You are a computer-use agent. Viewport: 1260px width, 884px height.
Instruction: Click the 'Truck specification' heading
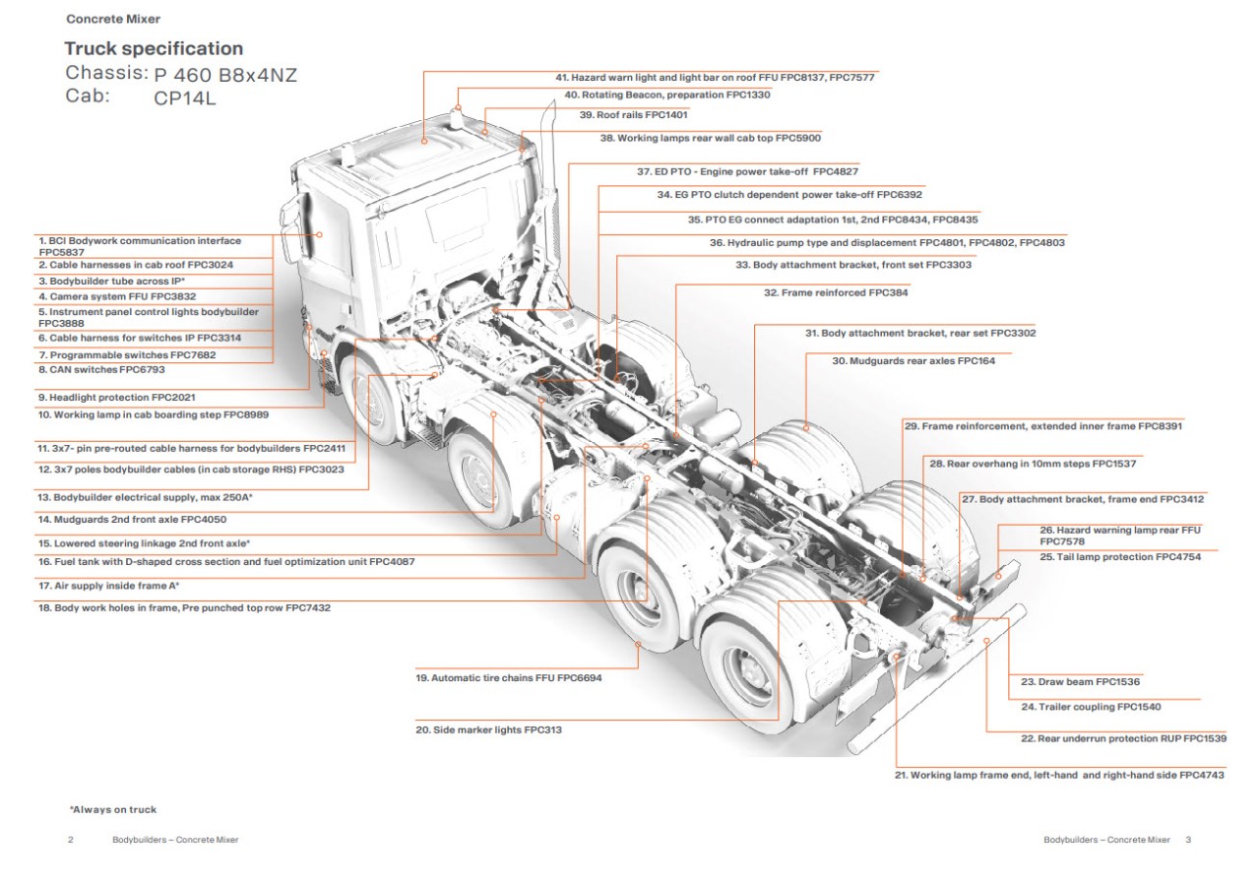[x=154, y=48]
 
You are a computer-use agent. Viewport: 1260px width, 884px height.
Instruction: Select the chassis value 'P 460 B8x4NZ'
[x=225, y=74]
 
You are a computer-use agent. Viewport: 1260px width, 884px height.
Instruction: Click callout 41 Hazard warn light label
[x=715, y=77]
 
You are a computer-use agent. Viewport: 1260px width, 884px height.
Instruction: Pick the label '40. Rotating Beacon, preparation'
[x=667, y=95]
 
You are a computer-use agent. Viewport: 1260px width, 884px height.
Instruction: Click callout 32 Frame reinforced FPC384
[x=836, y=292]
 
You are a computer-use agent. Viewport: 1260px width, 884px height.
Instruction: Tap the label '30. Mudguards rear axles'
[x=913, y=361]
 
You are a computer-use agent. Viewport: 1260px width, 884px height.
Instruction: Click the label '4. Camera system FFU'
[x=117, y=295]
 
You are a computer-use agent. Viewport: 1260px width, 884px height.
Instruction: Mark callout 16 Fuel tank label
[x=226, y=561]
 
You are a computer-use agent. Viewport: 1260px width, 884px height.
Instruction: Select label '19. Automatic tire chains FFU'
[x=508, y=678]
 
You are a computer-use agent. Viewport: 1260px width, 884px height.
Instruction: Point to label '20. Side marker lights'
[x=488, y=729]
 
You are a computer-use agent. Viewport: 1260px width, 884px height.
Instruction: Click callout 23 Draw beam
[x=1080, y=681]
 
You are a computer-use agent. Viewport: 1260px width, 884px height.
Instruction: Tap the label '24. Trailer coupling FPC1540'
[x=1091, y=707]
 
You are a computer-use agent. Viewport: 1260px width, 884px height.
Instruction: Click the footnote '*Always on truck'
[x=112, y=809]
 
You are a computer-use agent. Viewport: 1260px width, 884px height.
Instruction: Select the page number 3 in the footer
[x=1188, y=840]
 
